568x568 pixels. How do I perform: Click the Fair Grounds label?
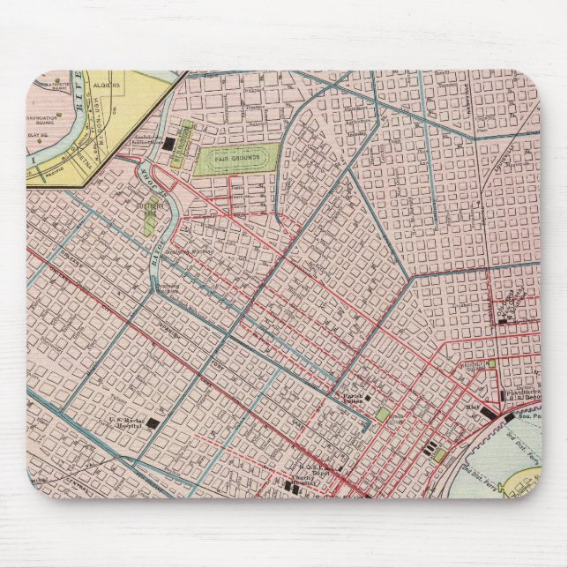tap(235, 161)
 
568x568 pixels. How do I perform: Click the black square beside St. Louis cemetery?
tap(168, 143)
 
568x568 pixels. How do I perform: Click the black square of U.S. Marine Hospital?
tap(153, 423)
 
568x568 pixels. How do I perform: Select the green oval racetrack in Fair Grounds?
tap(235, 161)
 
